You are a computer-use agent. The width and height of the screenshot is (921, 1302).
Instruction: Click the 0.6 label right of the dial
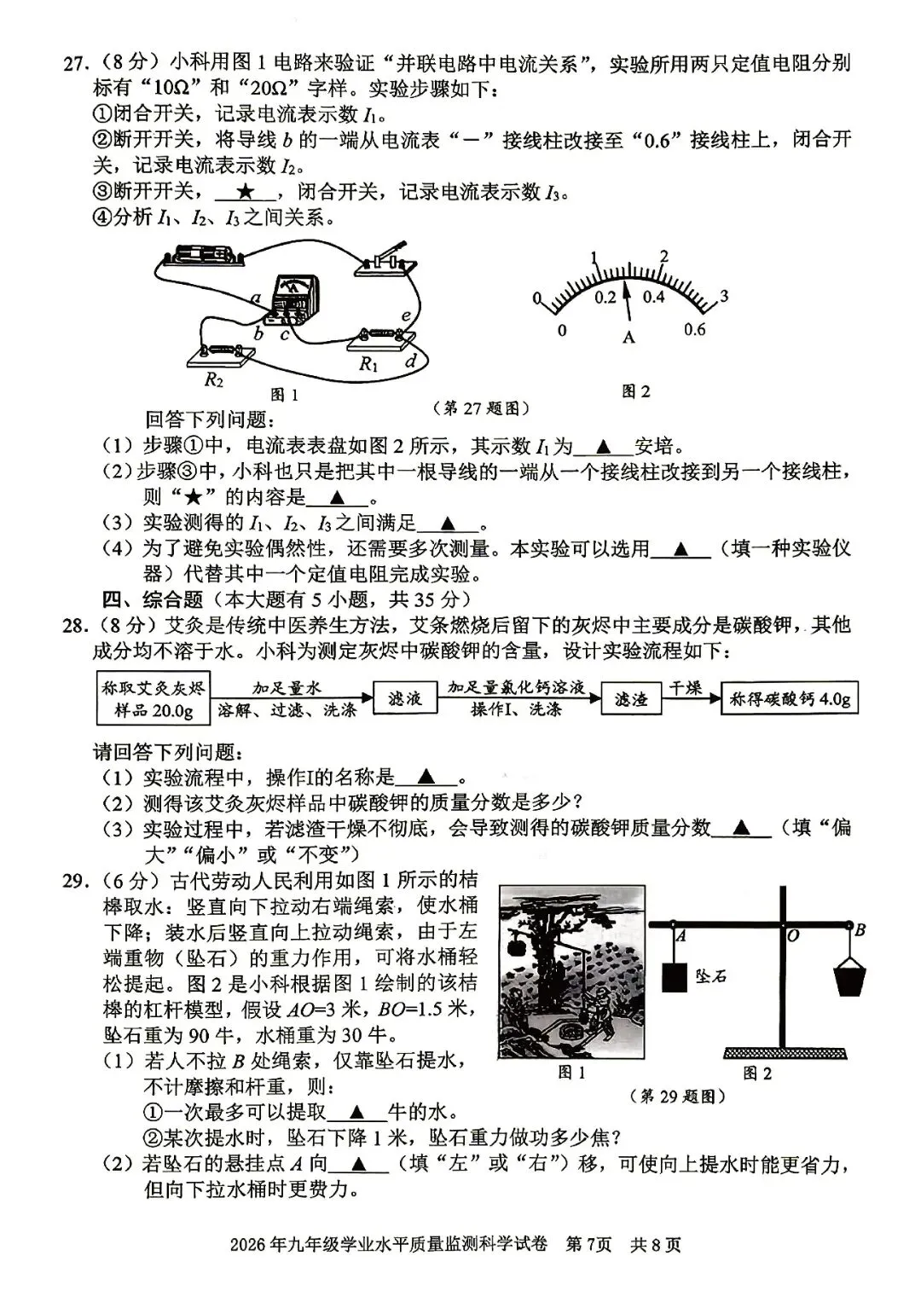pos(695,330)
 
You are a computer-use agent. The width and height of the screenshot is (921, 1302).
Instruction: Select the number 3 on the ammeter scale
pos(723,297)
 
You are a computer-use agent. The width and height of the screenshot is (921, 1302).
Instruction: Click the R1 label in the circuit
pos(368,364)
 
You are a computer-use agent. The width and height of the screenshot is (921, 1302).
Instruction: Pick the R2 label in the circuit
pos(214,379)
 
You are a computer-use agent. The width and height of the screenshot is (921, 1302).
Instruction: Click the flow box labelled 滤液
pos(405,699)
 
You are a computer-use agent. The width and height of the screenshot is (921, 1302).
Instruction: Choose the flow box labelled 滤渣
pos(631,699)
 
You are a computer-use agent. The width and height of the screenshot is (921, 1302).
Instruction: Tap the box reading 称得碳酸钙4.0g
pos(788,698)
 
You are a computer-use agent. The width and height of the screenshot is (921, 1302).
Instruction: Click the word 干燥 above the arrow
pos(684,688)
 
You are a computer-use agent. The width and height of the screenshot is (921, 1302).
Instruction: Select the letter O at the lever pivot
pos(793,935)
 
